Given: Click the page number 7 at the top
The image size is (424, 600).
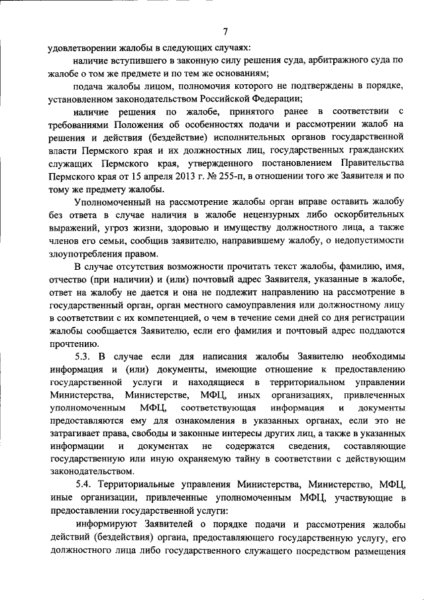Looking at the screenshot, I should [225, 31].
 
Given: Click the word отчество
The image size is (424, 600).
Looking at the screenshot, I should [68, 280].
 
